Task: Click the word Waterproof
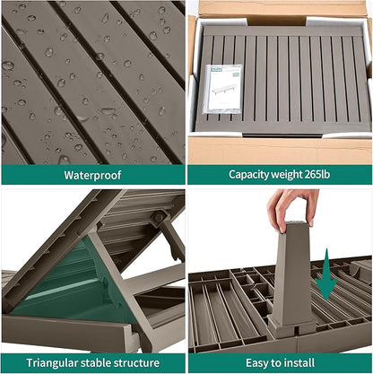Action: coord(92,175)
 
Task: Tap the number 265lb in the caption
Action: coord(317,174)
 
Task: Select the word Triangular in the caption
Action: coord(52,363)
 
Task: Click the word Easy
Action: coord(257,363)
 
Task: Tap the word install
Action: coord(299,363)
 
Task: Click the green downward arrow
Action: coord(326,275)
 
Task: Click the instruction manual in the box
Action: coord(222,89)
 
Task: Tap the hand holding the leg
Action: coord(292,209)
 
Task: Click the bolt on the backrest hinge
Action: coord(159,216)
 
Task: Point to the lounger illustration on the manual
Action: coord(224,89)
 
